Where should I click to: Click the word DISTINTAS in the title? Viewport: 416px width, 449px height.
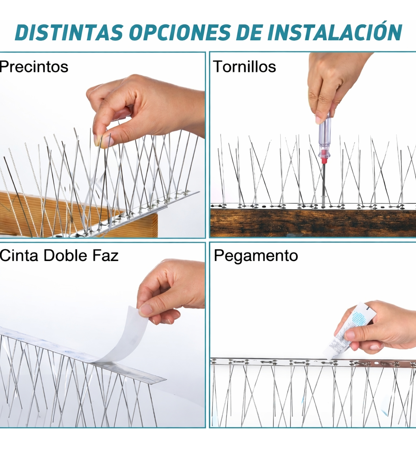(x=69, y=32)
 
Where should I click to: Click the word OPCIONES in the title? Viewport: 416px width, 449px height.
(x=180, y=32)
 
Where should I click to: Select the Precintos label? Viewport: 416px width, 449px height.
(x=34, y=67)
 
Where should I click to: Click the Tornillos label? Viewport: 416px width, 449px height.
(x=245, y=67)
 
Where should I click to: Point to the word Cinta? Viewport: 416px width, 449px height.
(x=19, y=255)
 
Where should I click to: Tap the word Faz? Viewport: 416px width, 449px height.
(x=106, y=255)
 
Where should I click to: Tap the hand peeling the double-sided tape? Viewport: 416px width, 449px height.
(x=171, y=289)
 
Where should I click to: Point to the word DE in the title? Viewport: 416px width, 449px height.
(x=249, y=32)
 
